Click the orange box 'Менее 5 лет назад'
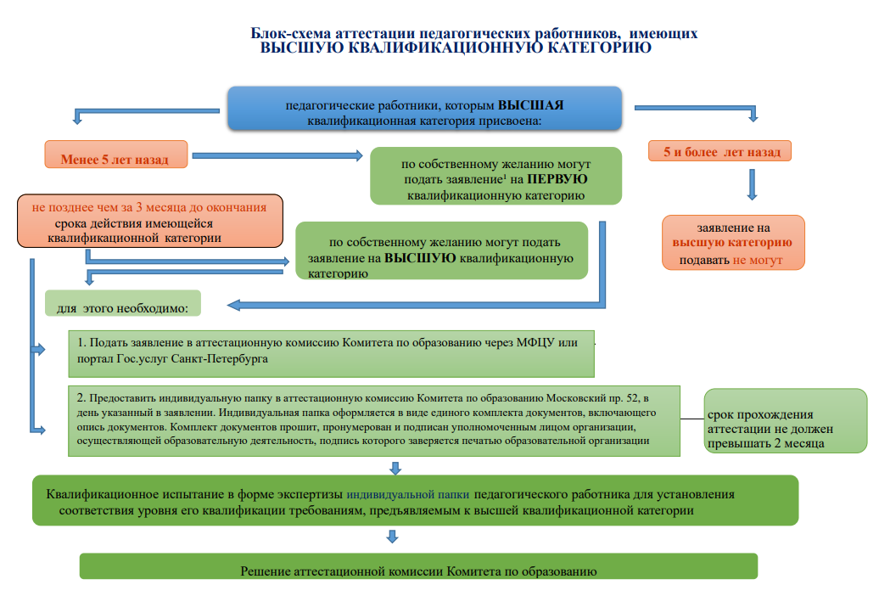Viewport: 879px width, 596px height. click(116, 155)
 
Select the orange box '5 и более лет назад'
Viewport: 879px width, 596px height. click(719, 151)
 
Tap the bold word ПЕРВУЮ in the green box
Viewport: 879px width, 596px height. click(557, 179)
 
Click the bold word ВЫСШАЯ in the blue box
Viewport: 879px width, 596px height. click(531, 105)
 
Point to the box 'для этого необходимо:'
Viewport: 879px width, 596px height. click(123, 303)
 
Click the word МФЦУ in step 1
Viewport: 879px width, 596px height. click(535, 342)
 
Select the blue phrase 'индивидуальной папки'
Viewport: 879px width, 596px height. click(407, 494)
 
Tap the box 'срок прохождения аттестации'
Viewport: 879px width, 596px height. click(786, 421)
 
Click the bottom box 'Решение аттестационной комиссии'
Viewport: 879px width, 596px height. click(418, 566)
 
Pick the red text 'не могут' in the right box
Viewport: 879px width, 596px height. click(758, 260)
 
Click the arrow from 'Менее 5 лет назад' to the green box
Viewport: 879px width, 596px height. click(277, 155)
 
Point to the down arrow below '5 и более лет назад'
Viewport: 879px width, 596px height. click(753, 184)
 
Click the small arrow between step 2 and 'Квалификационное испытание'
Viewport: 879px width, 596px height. click(395, 469)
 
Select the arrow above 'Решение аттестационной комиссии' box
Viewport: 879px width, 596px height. click(392, 537)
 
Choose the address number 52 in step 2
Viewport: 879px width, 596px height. click(632, 398)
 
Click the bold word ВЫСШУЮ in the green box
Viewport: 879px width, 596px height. click(420, 258)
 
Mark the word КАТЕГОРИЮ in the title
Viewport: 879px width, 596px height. click(599, 48)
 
